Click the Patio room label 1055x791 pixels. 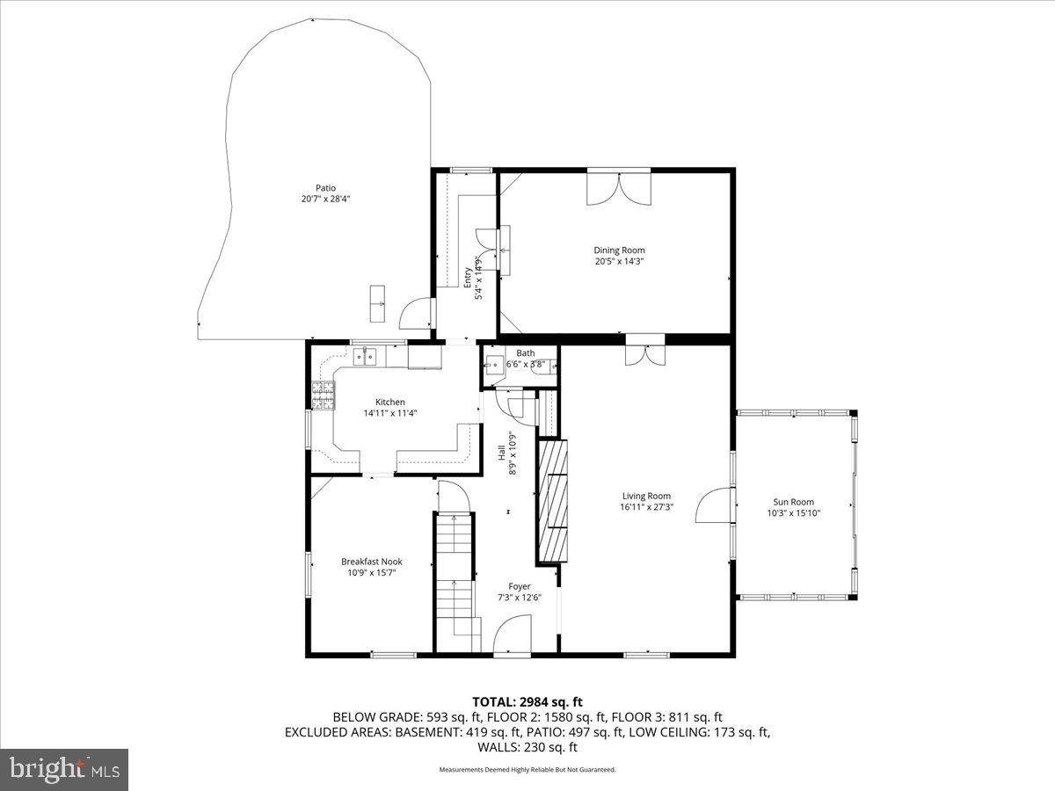pyautogui.click(x=325, y=187)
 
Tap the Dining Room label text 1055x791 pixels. pyautogui.click(x=619, y=250)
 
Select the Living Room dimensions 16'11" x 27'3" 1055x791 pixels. pyautogui.click(x=646, y=507)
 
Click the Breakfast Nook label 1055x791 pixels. pyautogui.click(x=372, y=561)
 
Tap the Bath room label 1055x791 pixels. pyautogui.click(x=525, y=353)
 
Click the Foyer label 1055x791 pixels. pyautogui.click(x=519, y=586)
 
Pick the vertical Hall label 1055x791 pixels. pyautogui.click(x=502, y=453)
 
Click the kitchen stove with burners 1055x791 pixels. pyautogui.click(x=324, y=395)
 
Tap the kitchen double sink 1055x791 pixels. pyautogui.click(x=365, y=356)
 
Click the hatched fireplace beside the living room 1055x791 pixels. pyautogui.click(x=552, y=501)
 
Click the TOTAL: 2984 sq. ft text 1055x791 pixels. pyautogui.click(x=527, y=701)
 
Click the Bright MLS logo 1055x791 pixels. pyautogui.click(x=64, y=770)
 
